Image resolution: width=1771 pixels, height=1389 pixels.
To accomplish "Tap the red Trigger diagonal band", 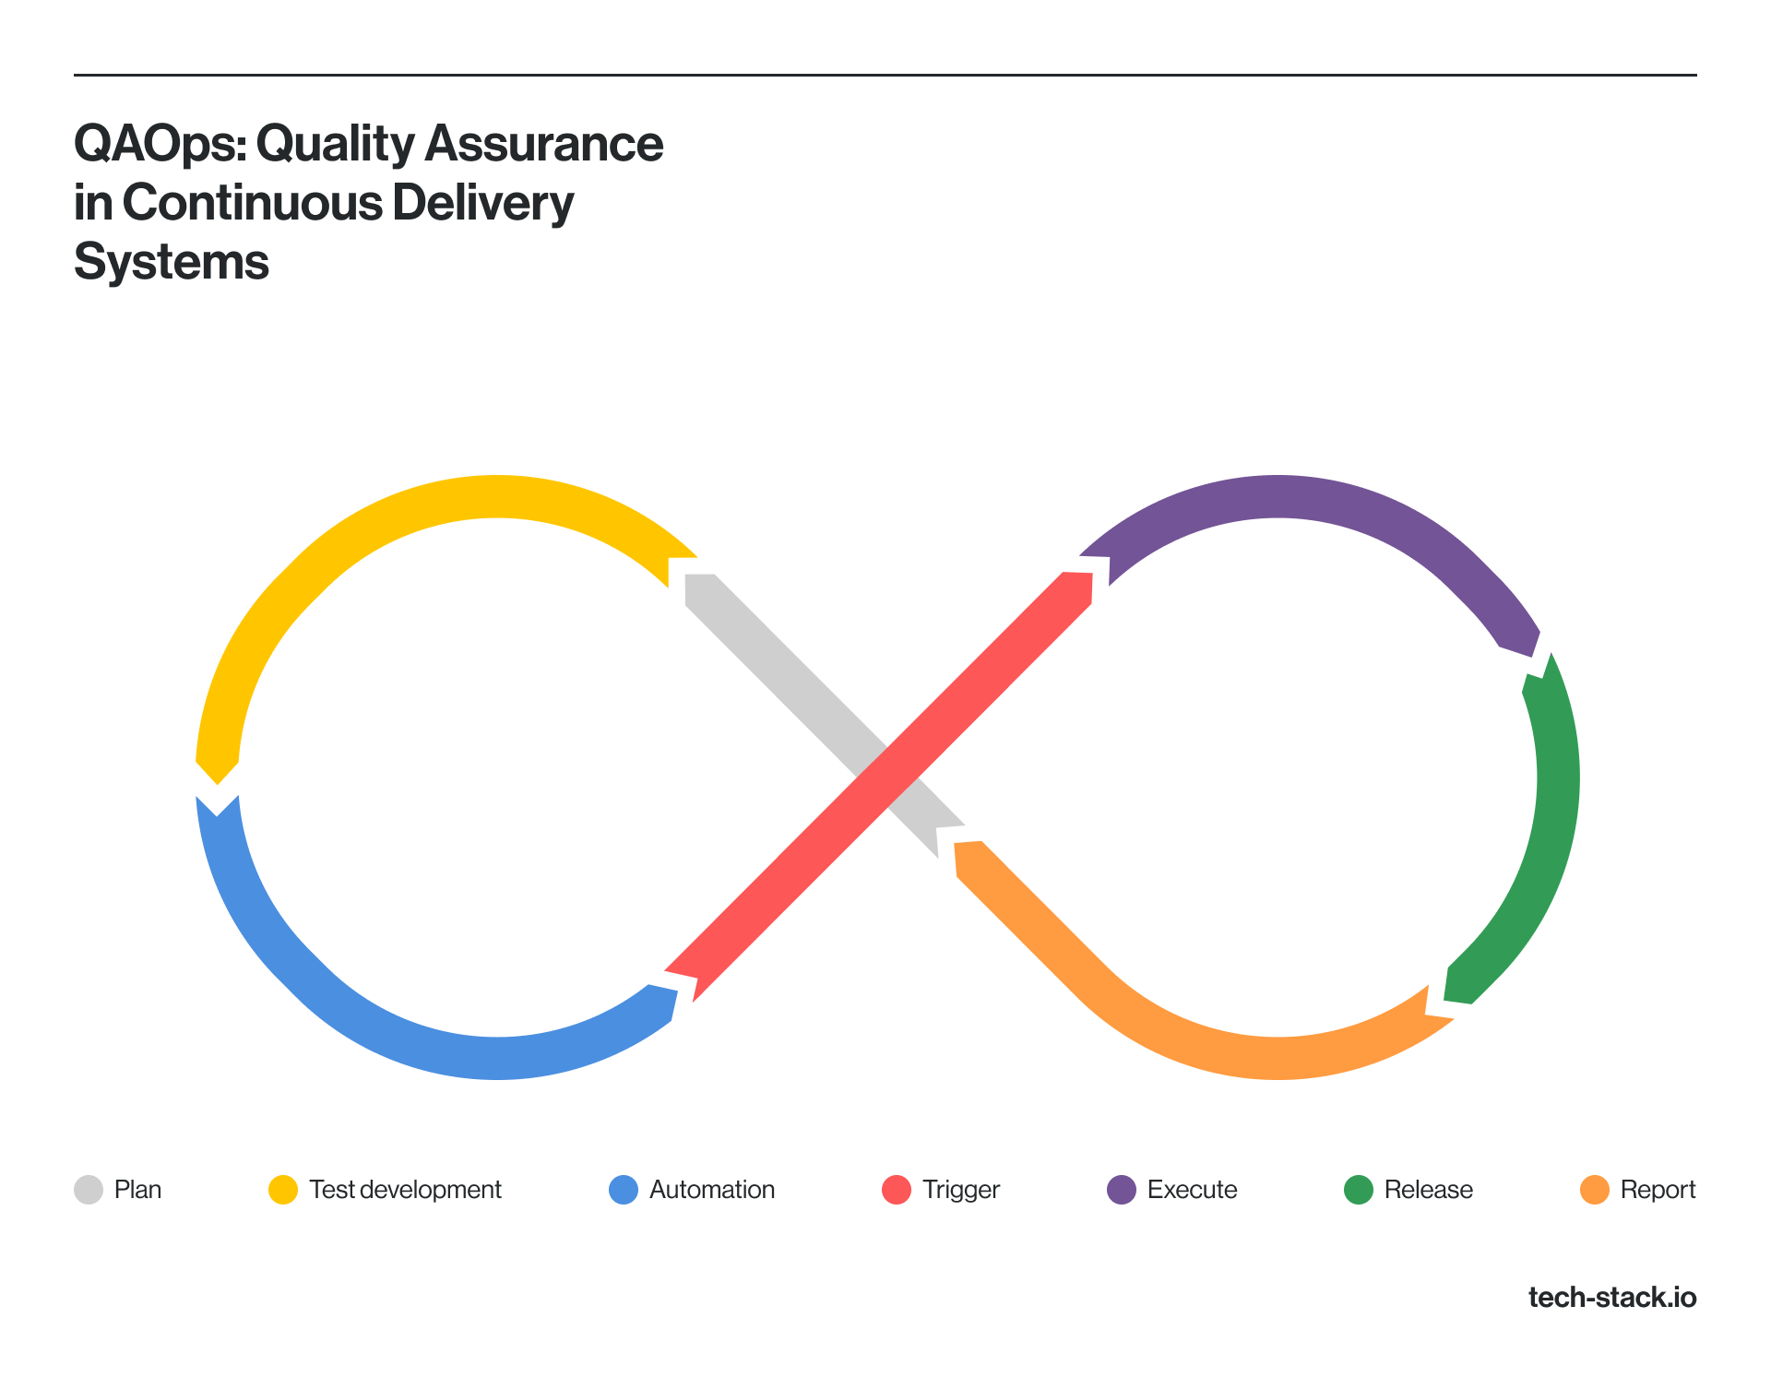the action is pyautogui.click(x=879, y=786).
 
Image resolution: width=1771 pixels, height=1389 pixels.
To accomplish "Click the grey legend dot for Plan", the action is pyautogui.click(x=89, y=1190).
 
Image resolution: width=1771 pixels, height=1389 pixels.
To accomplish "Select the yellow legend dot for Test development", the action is pyautogui.click(x=283, y=1190).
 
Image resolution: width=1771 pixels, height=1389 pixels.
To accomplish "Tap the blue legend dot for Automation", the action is pyautogui.click(x=624, y=1190).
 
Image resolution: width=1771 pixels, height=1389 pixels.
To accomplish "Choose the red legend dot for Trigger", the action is pyautogui.click(x=897, y=1190).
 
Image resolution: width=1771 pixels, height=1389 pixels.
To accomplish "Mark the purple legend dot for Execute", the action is pyautogui.click(x=1122, y=1190).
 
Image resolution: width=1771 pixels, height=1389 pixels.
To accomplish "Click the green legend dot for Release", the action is pyautogui.click(x=1359, y=1190).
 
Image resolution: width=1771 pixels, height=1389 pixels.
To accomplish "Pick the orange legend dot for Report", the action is pyautogui.click(x=1595, y=1190).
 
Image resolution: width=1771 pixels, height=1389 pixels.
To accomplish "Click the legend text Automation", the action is pyautogui.click(x=712, y=1190).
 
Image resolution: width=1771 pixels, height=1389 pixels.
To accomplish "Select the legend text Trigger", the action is pyautogui.click(x=961, y=1191).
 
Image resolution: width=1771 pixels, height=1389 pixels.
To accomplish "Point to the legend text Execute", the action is pyautogui.click(x=1193, y=1190).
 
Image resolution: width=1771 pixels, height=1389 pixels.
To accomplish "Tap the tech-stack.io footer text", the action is pyautogui.click(x=1612, y=1298).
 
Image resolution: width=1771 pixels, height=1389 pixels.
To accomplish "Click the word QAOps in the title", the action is pyautogui.click(x=161, y=146).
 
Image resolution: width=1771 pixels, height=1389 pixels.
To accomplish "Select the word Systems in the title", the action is pyautogui.click(x=172, y=262).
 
